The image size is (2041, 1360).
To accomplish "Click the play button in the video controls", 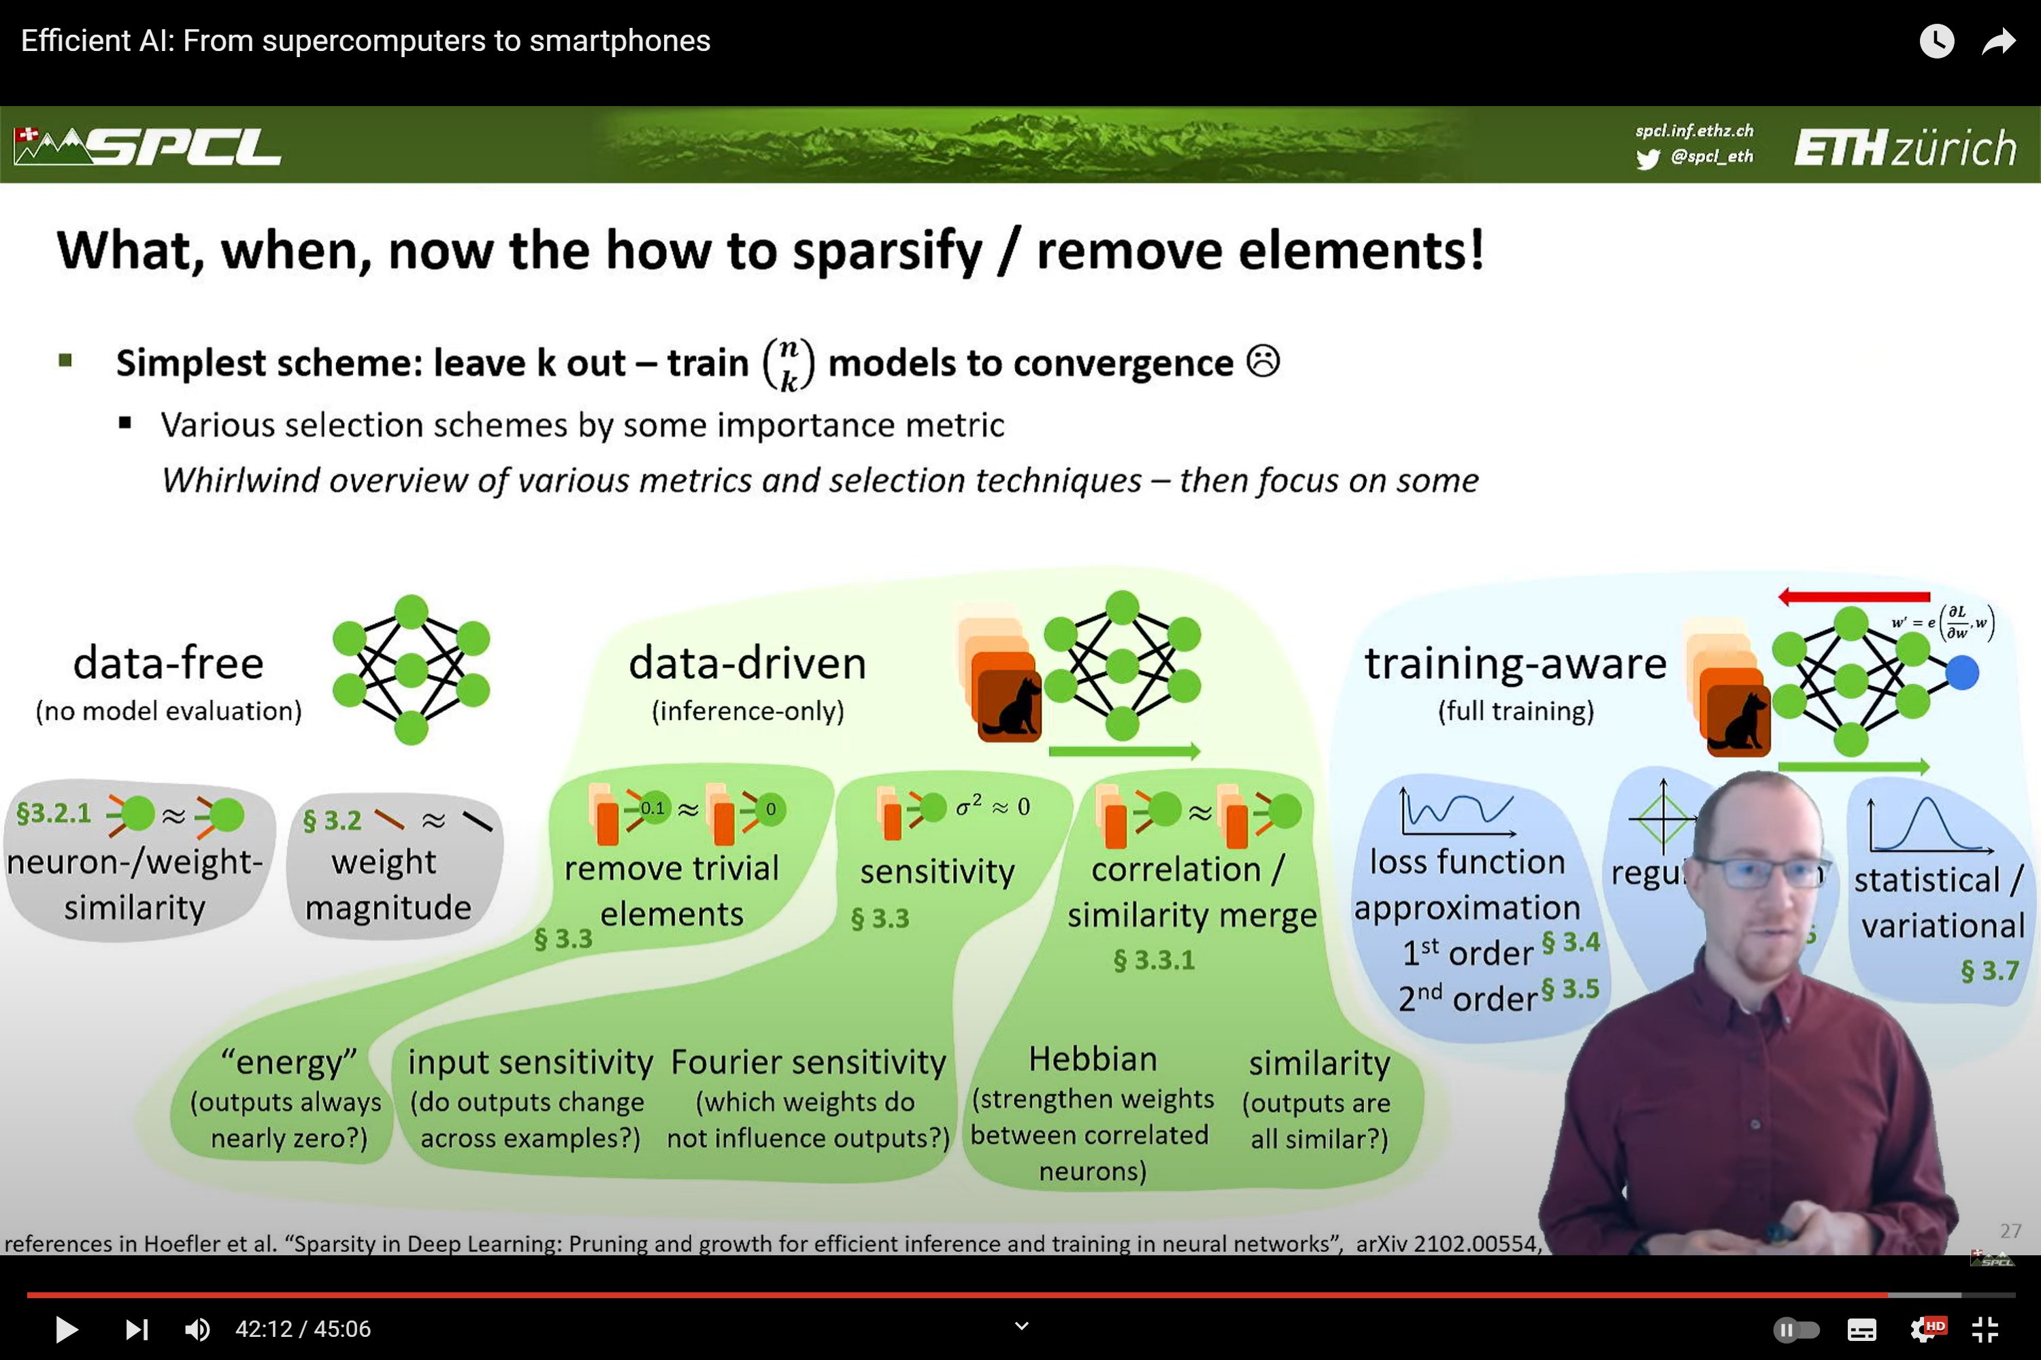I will click(x=66, y=1329).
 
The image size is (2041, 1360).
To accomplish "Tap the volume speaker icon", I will click(x=197, y=1329).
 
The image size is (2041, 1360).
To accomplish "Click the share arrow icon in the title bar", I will click(x=1997, y=41).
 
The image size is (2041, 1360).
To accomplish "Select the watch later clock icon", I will click(x=1936, y=41).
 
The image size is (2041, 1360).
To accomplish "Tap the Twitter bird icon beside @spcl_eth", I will click(x=1647, y=158).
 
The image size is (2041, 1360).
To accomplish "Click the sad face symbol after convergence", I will click(x=1263, y=361).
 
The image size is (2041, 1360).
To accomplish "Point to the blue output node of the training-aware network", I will click(x=1962, y=673).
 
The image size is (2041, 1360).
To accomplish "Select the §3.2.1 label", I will click(x=54, y=813).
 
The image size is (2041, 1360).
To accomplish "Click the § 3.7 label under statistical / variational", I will click(x=1989, y=970).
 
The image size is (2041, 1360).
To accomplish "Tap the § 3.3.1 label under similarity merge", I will click(x=1153, y=959).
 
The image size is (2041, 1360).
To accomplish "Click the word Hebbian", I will click(x=1093, y=1059).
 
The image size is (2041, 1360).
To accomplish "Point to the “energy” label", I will click(x=289, y=1061).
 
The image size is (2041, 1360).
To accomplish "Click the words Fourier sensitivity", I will click(x=808, y=1061).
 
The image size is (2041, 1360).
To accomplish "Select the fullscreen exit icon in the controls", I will click(x=1985, y=1329).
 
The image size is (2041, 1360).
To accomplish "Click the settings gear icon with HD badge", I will click(x=1925, y=1329).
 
